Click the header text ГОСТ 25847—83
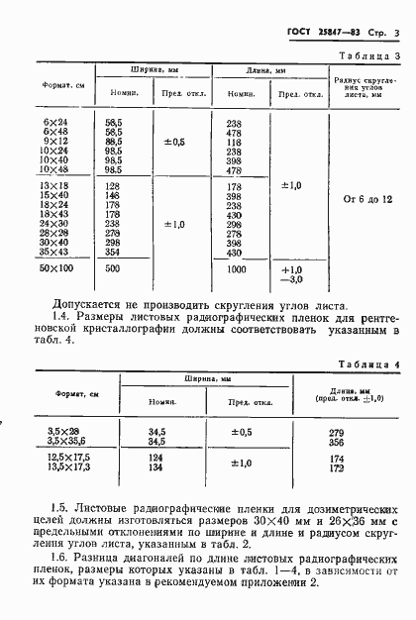pyautogui.click(x=317, y=36)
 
